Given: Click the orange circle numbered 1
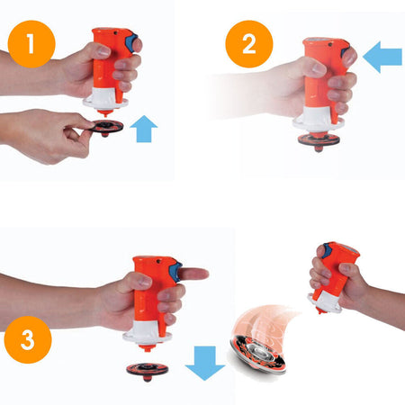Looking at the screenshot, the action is coord(31,44).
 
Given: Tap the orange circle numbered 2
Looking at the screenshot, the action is coord(249,44).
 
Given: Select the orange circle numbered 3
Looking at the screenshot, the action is coord(28,339).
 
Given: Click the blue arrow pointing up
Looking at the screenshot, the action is coord(144,129).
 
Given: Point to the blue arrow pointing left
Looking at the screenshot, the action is coord(382,57).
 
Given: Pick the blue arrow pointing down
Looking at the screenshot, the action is coord(205,363).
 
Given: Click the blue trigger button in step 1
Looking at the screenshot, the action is coord(131,42).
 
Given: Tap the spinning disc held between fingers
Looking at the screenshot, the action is coord(107,128).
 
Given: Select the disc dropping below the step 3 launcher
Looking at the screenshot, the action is coord(148,370).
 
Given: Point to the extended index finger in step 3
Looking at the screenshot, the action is coord(193,274).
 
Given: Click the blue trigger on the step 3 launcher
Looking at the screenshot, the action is coord(176,272).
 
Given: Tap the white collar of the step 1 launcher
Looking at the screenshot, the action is coord(104,97).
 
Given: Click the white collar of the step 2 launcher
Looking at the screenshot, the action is coord(318,120).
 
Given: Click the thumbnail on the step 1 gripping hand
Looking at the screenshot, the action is coord(103,51).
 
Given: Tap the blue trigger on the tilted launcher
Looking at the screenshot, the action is coord(327,250).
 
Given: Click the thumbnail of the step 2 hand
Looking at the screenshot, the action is coord(319,70).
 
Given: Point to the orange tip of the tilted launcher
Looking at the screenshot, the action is coord(321,310).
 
